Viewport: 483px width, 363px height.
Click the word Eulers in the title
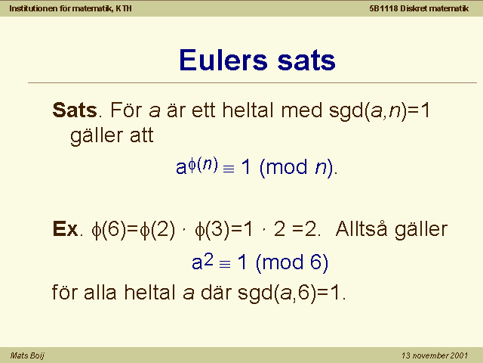[x=223, y=60]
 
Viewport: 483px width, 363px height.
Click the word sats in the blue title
[x=306, y=60]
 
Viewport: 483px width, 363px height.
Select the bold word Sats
[x=75, y=110]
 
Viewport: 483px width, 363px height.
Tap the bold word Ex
[x=65, y=228]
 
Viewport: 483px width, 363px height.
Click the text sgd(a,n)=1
[x=379, y=110]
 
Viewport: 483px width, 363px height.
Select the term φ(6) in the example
[x=109, y=230]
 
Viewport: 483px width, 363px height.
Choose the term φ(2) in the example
[x=158, y=230]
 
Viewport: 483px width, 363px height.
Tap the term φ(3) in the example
[x=213, y=230]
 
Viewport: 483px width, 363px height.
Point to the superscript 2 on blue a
[x=208, y=259]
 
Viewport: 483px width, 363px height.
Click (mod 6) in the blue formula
[x=292, y=263]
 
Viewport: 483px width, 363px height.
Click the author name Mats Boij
[x=27, y=355]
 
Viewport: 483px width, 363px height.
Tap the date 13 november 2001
[x=435, y=355]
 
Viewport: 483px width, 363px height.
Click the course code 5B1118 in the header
[x=383, y=8]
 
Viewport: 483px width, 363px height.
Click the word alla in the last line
[x=100, y=292]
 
